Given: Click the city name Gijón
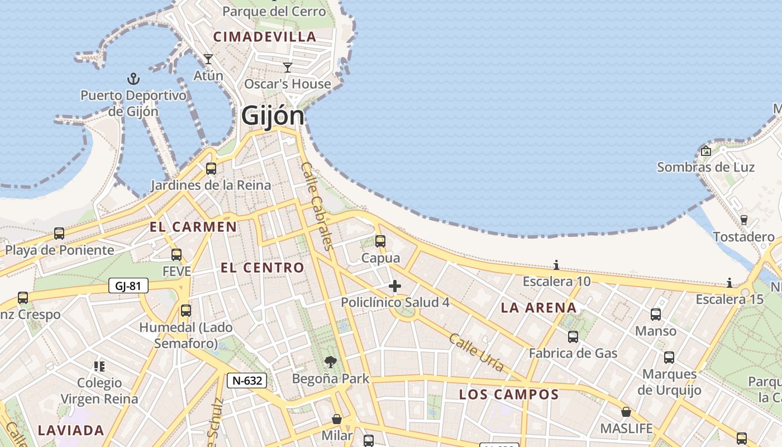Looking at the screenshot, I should pos(273,116).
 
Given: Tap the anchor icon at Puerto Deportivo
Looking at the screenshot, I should pos(133,78).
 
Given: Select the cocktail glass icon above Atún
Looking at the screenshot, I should pos(208,59).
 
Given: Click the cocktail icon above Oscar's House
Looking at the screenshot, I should pos(288,68).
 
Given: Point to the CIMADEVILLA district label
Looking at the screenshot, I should pos(265,37).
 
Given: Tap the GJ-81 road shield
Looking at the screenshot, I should pos(128,286).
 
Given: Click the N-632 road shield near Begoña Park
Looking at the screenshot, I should pos(247,381).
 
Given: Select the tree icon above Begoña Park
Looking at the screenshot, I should pos(331,362).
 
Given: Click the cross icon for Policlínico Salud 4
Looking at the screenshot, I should pos(395,286).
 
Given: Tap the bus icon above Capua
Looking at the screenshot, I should pos(380,241).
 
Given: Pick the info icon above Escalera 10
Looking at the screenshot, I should pos(556,265).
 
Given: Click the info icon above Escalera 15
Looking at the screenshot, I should pos(729,283).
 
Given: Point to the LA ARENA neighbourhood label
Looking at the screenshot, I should pos(538,307).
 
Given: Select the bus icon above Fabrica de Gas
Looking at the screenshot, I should pos(573,336).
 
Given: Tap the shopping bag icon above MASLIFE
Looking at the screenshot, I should pos(626,412).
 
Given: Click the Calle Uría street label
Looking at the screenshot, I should pos(476,353).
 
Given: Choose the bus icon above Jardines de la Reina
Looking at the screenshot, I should pos(211,168).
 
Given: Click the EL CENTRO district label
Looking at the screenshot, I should pos(262,268).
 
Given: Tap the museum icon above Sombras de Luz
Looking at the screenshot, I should pos(706,150).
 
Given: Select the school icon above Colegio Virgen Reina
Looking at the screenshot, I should pos(99,367).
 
